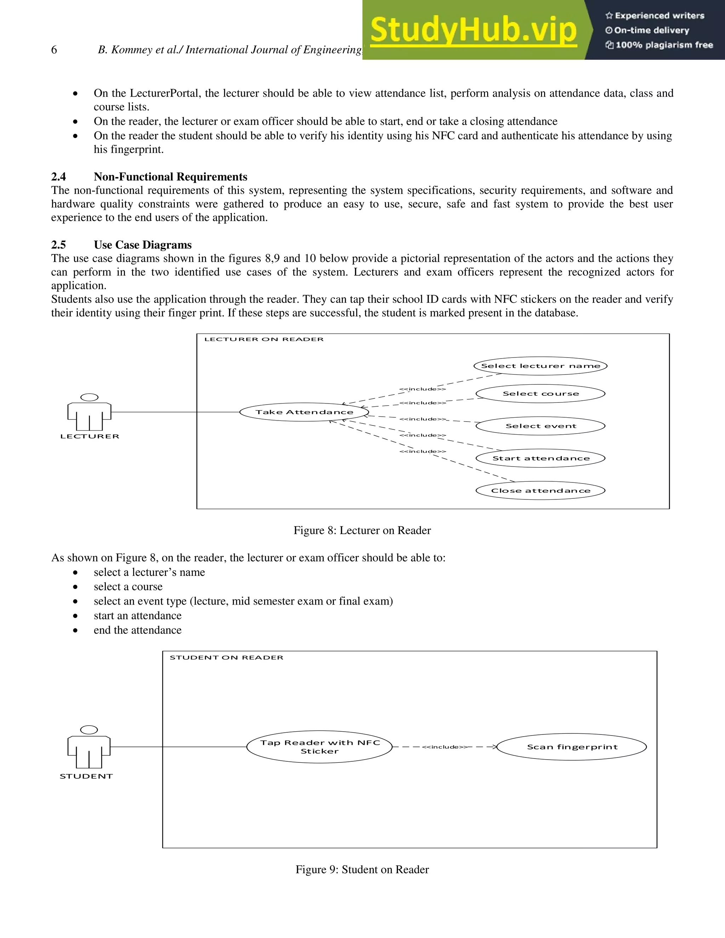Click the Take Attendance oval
click(304, 412)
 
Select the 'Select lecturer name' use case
click(540, 366)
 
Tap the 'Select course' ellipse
click(540, 393)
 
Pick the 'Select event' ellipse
click(540, 426)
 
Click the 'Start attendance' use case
click(540, 458)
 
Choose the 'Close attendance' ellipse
click(540, 491)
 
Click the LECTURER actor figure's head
click(89, 397)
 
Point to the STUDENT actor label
click(86, 776)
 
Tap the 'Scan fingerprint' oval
click(572, 747)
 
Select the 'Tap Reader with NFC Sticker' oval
click(320, 747)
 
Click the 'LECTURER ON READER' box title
click(264, 339)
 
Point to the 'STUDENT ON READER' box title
click(226, 658)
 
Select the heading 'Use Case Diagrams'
click(143, 245)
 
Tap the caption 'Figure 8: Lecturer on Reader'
click(362, 531)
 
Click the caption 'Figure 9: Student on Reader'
click(362, 870)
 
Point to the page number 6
click(54, 50)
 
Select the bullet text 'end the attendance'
click(137, 630)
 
